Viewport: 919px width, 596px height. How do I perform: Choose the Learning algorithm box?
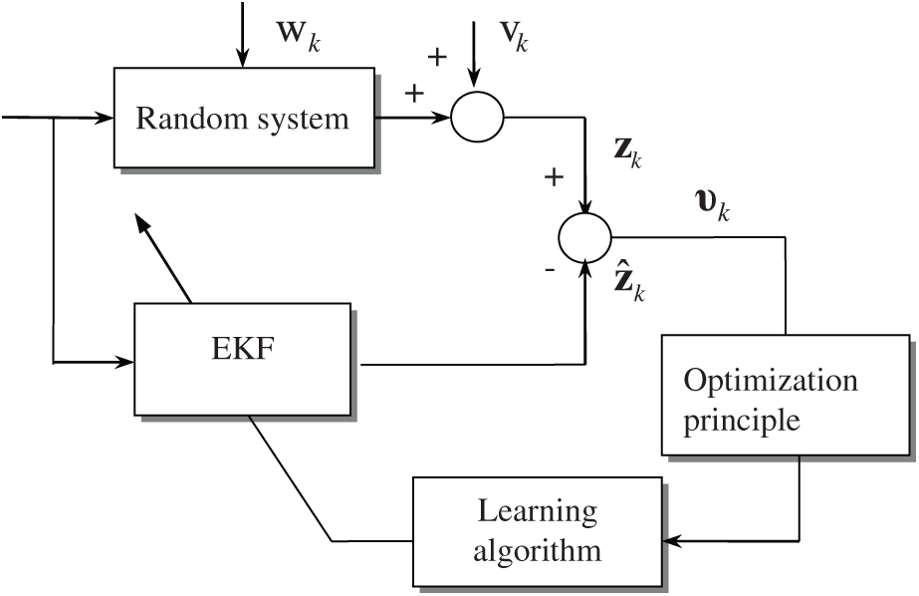pyautogui.click(x=537, y=530)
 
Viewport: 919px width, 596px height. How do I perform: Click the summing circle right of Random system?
pyautogui.click(x=479, y=118)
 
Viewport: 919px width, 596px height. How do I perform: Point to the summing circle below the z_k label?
pyautogui.click(x=585, y=237)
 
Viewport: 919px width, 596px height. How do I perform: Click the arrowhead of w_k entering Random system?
pyautogui.click(x=239, y=61)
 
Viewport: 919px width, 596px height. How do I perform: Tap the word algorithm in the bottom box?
pyautogui.click(x=538, y=549)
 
